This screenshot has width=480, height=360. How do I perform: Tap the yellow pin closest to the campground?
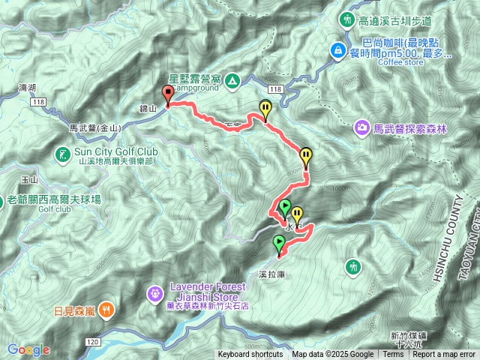[x=265, y=109]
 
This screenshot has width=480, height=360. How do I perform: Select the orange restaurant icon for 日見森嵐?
[x=107, y=309]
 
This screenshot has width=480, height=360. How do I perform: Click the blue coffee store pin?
[x=339, y=52]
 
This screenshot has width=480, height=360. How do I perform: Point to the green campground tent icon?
[x=232, y=79]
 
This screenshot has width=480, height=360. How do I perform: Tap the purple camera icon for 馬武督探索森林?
[x=362, y=129]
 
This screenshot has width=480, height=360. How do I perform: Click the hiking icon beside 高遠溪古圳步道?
[x=347, y=20]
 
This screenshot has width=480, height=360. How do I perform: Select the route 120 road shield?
[x=93, y=341]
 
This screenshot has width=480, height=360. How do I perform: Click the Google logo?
[x=28, y=349]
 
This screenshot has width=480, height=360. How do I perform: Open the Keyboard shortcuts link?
[x=250, y=355]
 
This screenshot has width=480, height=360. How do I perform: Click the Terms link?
[x=393, y=355]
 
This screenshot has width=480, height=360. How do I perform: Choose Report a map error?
[x=444, y=355]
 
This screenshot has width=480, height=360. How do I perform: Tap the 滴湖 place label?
[x=25, y=88]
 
